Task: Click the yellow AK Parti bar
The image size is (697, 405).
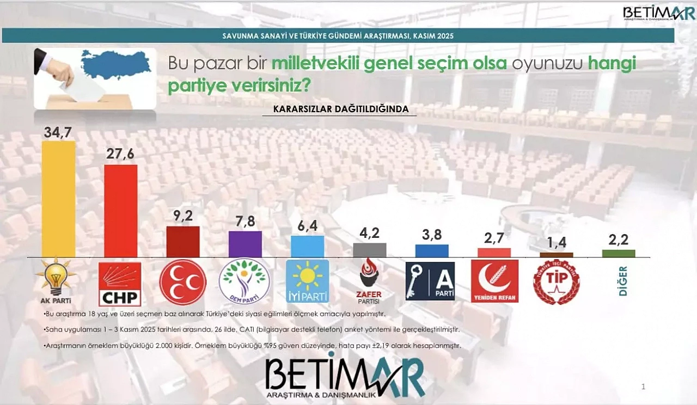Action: [x=58, y=199]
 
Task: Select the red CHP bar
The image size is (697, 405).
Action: [x=120, y=211]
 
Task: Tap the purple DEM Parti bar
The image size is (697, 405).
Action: [x=245, y=244]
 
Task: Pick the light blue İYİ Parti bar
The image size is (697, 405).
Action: [x=307, y=246]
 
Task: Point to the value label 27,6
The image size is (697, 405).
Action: [x=120, y=155]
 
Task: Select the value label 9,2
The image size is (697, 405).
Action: [x=182, y=216]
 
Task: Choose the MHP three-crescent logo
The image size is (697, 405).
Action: [x=182, y=282]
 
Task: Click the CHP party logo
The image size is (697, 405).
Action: [x=120, y=284]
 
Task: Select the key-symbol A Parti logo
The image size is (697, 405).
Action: [x=430, y=281]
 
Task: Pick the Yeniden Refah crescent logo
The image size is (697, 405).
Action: [x=494, y=281]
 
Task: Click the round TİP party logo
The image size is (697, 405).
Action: [x=556, y=282]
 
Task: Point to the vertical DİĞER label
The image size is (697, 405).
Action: [x=623, y=281]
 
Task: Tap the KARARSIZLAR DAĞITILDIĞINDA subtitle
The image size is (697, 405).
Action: [x=344, y=109]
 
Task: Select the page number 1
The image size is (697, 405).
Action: [x=643, y=387]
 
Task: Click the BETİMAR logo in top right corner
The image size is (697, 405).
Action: [x=651, y=13]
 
